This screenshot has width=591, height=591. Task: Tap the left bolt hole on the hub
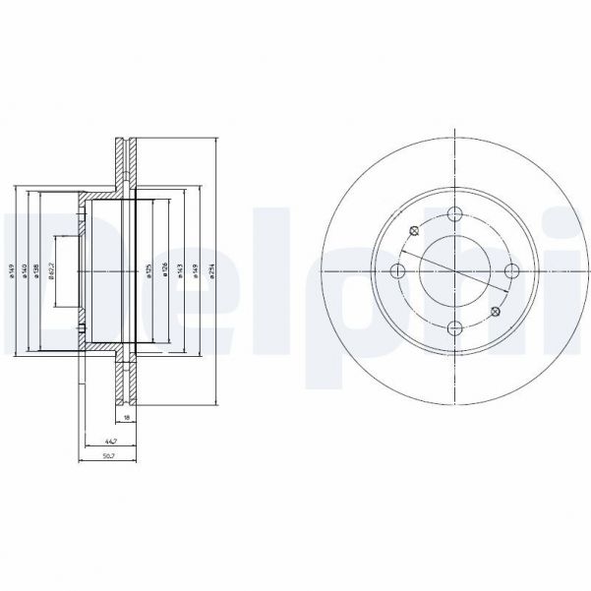[x=397, y=272]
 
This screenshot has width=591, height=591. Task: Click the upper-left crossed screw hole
[x=413, y=232]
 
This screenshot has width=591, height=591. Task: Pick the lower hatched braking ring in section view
[x=124, y=379]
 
